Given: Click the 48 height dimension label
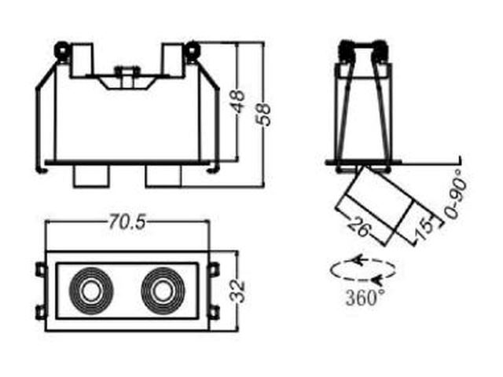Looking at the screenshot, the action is click(238, 102).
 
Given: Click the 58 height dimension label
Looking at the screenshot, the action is click(263, 115).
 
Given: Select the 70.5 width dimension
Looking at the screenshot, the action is click(127, 221).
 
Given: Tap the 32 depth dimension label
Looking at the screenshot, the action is click(238, 291).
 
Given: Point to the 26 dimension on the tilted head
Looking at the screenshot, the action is click(360, 226).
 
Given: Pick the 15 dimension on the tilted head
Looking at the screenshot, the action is click(424, 229).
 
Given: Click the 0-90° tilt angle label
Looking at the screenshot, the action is click(456, 195).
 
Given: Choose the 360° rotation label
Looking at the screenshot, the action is click(365, 298).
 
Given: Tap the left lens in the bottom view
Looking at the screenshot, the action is click(91, 290).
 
